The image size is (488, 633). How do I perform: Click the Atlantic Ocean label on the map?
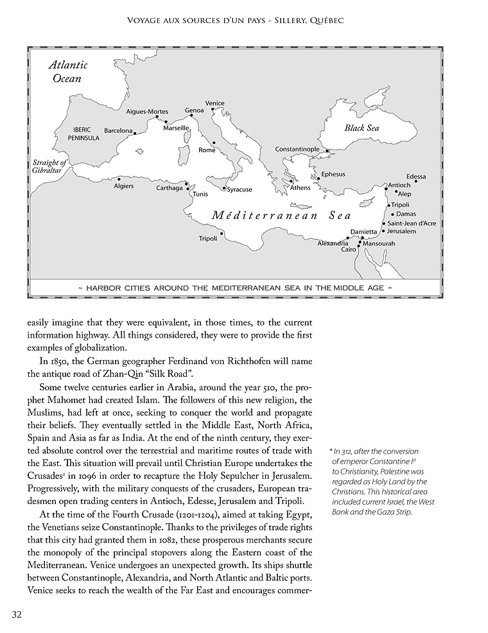[68, 71]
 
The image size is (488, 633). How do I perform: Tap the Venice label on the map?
[214, 103]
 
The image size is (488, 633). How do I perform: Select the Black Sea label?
[362, 128]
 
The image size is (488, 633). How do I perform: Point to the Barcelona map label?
[118, 131]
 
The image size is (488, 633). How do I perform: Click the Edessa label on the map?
[416, 177]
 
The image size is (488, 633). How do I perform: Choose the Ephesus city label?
[333, 174]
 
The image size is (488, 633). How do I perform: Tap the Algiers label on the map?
[123, 186]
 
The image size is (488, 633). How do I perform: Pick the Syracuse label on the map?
[239, 189]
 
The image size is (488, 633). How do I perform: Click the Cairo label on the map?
[349, 249]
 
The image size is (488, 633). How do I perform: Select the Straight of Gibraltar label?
[50, 166]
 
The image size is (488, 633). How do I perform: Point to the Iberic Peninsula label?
[84, 134]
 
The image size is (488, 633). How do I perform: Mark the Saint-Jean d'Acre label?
[412, 223]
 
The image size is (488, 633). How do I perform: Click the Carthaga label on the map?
[170, 188]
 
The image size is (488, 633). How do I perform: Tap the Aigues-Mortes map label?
[147, 112]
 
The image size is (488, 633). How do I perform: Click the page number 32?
[17, 614]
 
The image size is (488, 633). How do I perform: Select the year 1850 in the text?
[64, 361]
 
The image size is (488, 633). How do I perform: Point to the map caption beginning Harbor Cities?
[234, 289]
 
